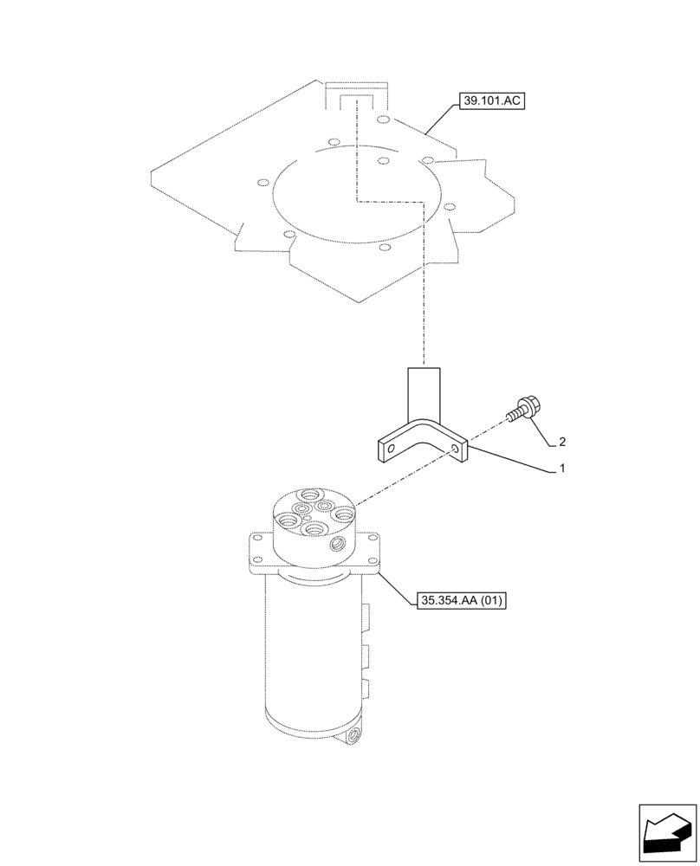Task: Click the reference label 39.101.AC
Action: coord(493,101)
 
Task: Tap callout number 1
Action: coord(561,469)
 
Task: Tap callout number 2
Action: coord(561,442)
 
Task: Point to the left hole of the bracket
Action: coord(391,449)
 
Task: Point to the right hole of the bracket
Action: coord(456,447)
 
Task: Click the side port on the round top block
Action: coord(336,545)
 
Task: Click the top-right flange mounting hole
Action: coord(373,540)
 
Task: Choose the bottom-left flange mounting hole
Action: coord(256,567)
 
